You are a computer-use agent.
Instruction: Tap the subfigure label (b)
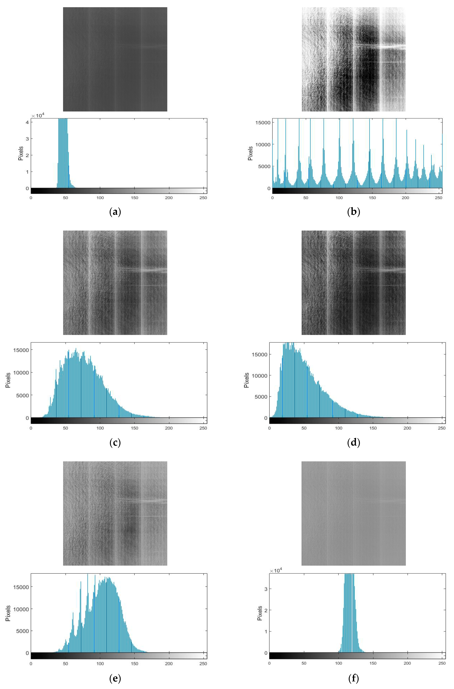(354, 212)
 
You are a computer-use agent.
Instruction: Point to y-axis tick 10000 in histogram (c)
(21, 373)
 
